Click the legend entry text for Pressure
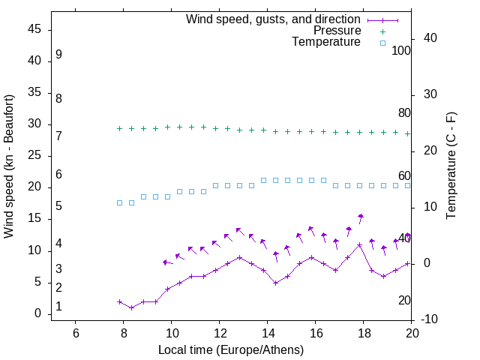pos(337,31)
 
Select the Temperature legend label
pos(326,43)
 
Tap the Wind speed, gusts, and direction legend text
pos(274,19)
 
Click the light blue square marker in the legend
pos(382,43)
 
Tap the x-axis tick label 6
pos(76,333)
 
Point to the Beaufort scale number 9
pos(58,55)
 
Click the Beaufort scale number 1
pos(58,307)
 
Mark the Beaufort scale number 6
pos(58,174)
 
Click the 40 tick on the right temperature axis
pos(430,38)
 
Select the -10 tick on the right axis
pos(430,319)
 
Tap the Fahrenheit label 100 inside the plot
pos(402,50)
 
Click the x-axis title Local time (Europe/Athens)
pos(231,349)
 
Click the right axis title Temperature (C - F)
pos(451,166)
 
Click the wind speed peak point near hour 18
pos(360,244)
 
